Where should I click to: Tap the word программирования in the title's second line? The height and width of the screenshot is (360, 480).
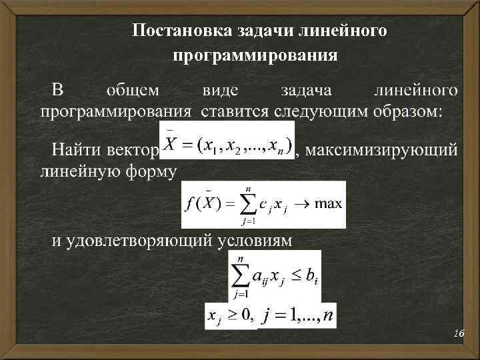(x=255, y=55)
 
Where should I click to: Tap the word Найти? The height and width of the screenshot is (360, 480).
(x=78, y=149)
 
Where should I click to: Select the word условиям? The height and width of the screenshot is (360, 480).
(x=254, y=241)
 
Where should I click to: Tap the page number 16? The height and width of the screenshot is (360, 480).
(x=458, y=333)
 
